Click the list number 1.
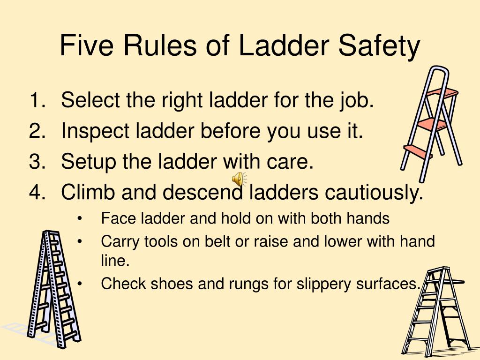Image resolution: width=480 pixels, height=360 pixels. pyautogui.click(x=37, y=100)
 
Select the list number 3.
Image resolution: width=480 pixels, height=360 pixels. pyautogui.click(x=37, y=161)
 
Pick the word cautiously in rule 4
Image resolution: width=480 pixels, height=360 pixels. pyautogui.click(x=374, y=193)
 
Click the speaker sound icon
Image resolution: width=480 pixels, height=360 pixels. pyautogui.click(x=239, y=179)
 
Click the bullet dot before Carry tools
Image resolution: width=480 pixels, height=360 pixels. pyautogui.click(x=80, y=241)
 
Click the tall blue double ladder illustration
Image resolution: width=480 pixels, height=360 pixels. pyautogui.click(x=54, y=289)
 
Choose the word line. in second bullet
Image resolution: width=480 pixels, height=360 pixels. pyautogui.click(x=115, y=261)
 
